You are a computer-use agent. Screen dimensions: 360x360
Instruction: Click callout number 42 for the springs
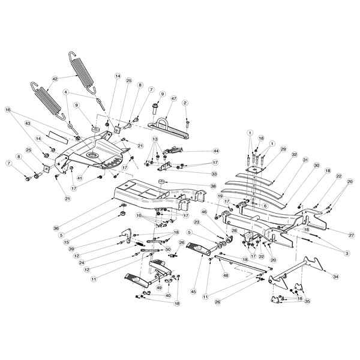click(x=55, y=79)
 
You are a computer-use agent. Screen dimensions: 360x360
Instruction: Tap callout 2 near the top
click(x=186, y=104)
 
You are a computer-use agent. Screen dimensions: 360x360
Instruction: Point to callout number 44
click(x=216, y=151)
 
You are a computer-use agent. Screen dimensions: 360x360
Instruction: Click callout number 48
click(x=226, y=275)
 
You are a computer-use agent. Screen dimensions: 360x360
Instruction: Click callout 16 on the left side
click(x=8, y=110)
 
